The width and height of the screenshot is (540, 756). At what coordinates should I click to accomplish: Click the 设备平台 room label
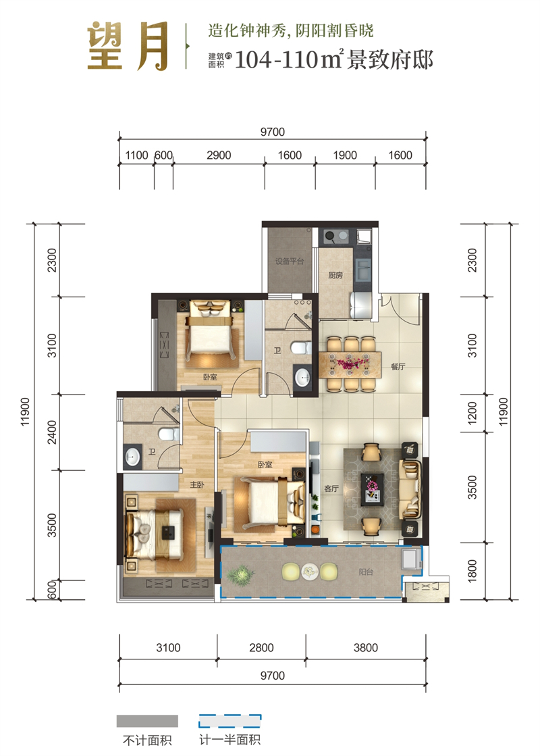tap(290, 261)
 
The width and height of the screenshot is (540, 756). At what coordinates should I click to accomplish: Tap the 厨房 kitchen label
tap(335, 275)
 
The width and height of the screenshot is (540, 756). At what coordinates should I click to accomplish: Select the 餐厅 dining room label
tap(398, 366)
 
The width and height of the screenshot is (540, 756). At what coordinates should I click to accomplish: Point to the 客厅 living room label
tap(331, 488)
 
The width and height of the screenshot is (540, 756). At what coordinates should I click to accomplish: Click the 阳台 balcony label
tap(366, 572)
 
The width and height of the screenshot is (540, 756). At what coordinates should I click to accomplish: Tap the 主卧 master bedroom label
tap(196, 484)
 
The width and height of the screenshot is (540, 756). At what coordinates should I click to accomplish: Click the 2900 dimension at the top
tap(219, 155)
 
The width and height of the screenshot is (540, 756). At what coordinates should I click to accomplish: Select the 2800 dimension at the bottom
tap(262, 647)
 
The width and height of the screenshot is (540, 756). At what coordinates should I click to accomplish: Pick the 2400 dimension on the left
tap(52, 432)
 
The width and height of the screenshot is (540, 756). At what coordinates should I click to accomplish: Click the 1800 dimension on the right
tap(472, 570)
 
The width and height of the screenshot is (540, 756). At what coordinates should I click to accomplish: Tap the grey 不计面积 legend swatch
tap(147, 721)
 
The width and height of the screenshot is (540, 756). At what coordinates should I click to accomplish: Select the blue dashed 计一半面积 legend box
tap(230, 721)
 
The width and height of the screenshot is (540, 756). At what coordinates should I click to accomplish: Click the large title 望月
tap(128, 47)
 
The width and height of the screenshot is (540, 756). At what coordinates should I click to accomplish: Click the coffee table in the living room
tap(373, 488)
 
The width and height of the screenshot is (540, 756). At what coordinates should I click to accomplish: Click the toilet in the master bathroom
tap(169, 434)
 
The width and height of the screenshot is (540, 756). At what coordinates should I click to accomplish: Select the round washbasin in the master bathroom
tap(132, 455)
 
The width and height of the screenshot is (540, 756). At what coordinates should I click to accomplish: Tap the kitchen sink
tap(362, 269)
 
